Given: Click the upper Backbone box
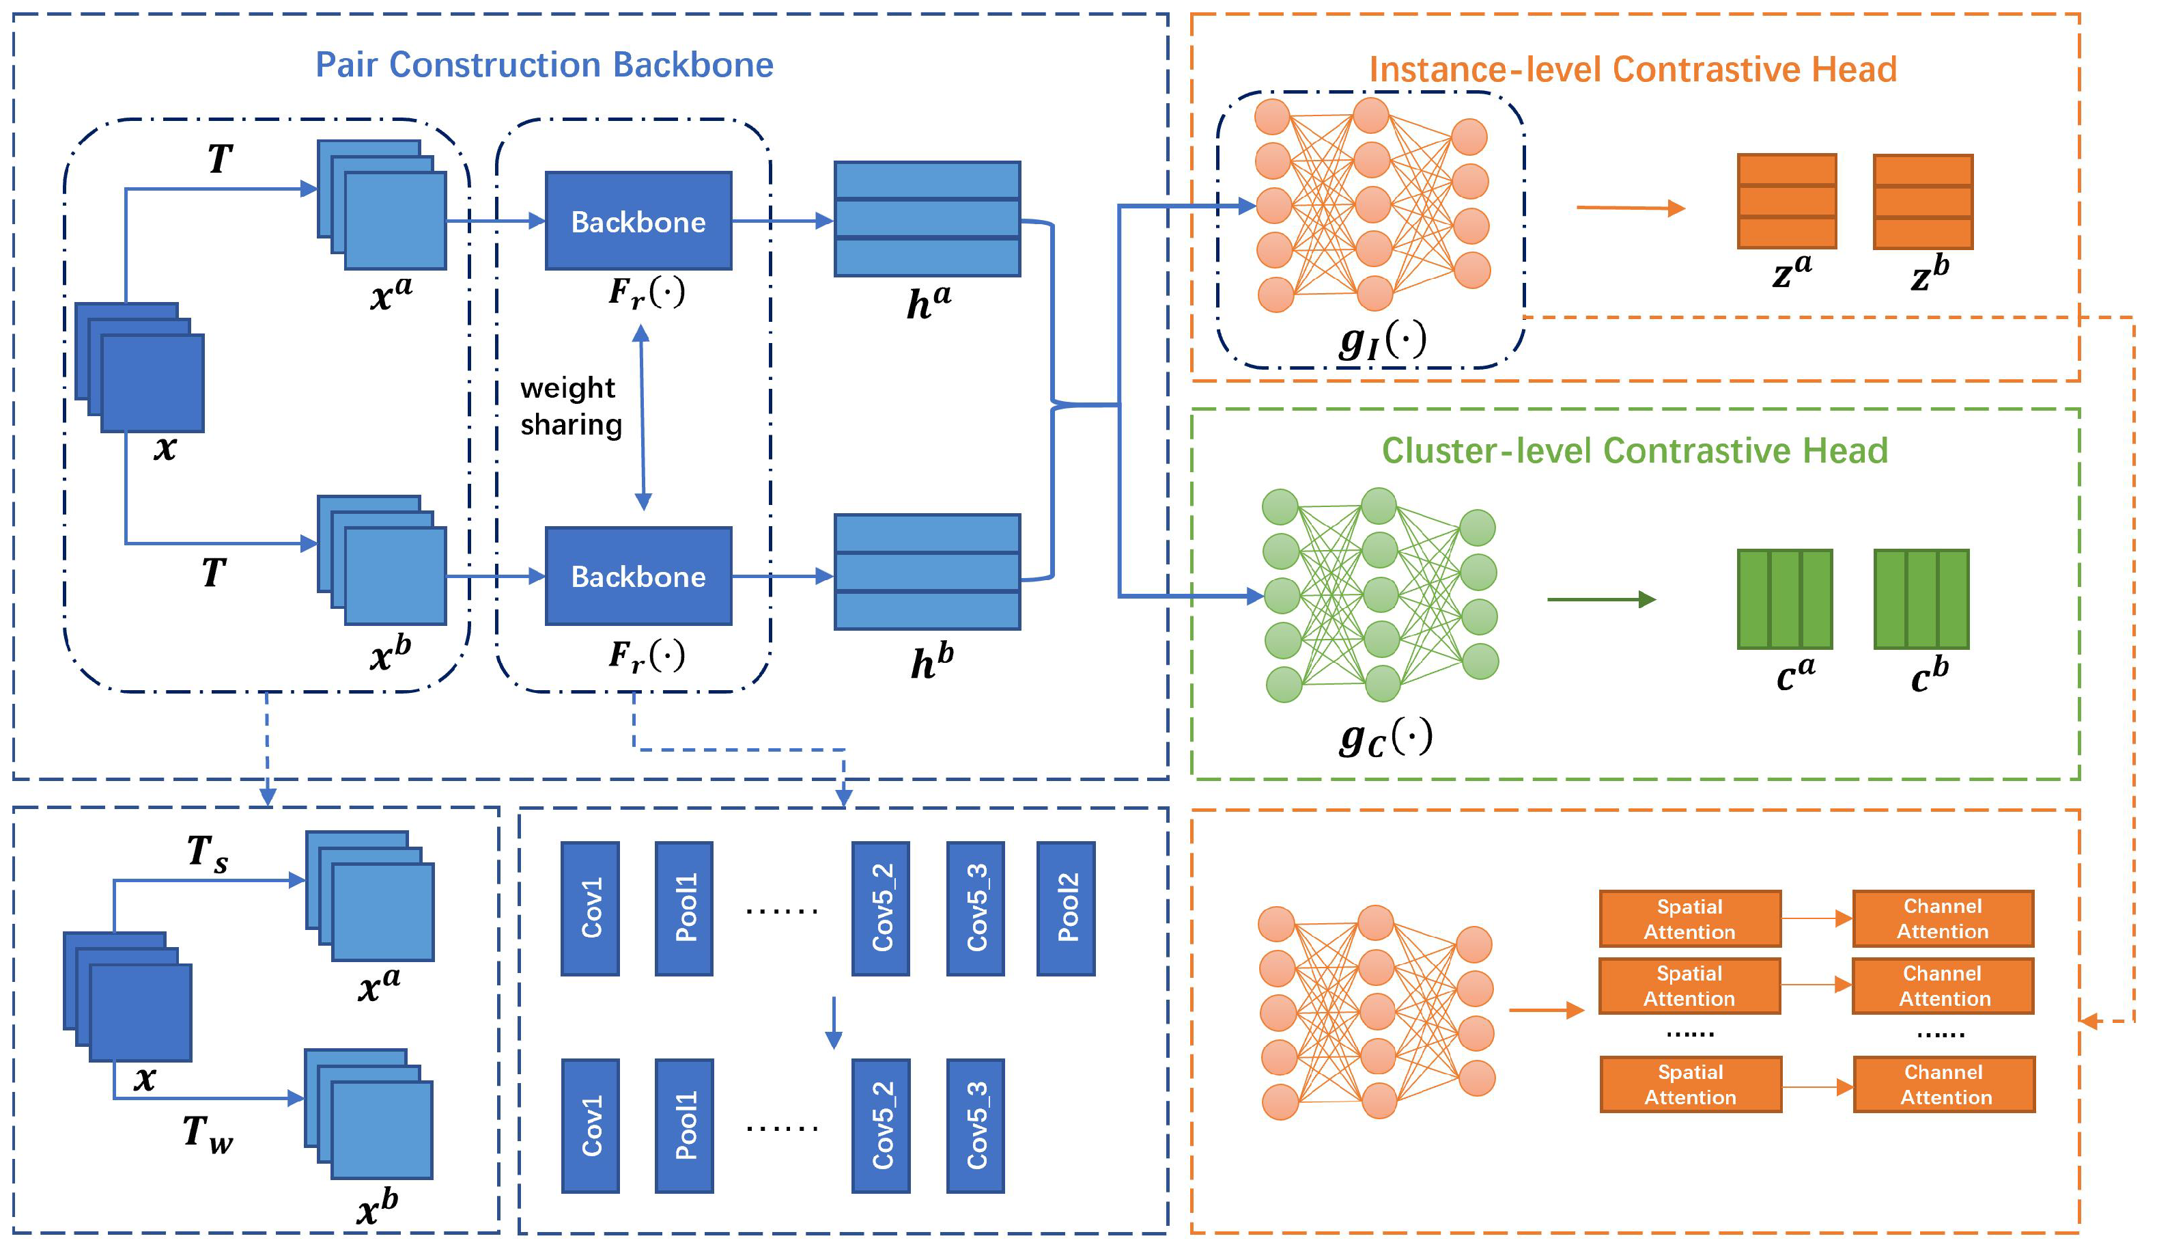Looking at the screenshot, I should [x=638, y=221].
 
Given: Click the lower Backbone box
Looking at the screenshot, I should [x=638, y=576].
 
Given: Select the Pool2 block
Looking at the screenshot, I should [x=1067, y=910].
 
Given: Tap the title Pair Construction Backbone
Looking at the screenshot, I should [x=544, y=65].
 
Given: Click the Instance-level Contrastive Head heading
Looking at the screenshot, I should [x=1633, y=70].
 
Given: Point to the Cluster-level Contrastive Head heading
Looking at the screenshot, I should [x=1635, y=451].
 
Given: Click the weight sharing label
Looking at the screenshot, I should [x=570, y=407].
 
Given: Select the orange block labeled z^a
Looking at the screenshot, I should [x=1787, y=202].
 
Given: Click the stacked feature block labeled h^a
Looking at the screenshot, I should [x=928, y=219].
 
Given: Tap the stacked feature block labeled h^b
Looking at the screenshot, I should [x=928, y=572].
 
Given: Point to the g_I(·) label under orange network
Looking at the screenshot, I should [x=1383, y=340].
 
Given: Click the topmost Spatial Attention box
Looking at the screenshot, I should [x=1691, y=919].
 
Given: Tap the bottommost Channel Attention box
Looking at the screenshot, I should [x=1945, y=1085].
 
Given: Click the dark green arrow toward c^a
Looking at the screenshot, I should [x=1601, y=599].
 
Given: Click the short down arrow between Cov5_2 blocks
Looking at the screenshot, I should [x=834, y=1022].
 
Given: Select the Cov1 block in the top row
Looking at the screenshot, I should [x=591, y=910].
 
